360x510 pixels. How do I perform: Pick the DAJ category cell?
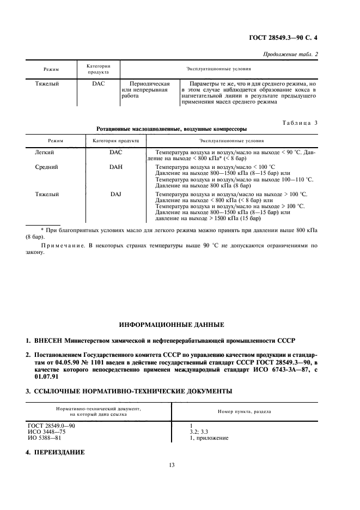pos(116,194)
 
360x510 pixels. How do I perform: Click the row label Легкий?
pos(45,151)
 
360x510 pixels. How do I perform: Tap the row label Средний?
pos(46,167)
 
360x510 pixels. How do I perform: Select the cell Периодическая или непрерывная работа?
pos(145,90)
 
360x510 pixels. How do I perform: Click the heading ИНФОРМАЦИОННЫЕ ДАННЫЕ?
pos(172,325)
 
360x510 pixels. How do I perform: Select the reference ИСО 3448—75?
pos(45,432)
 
